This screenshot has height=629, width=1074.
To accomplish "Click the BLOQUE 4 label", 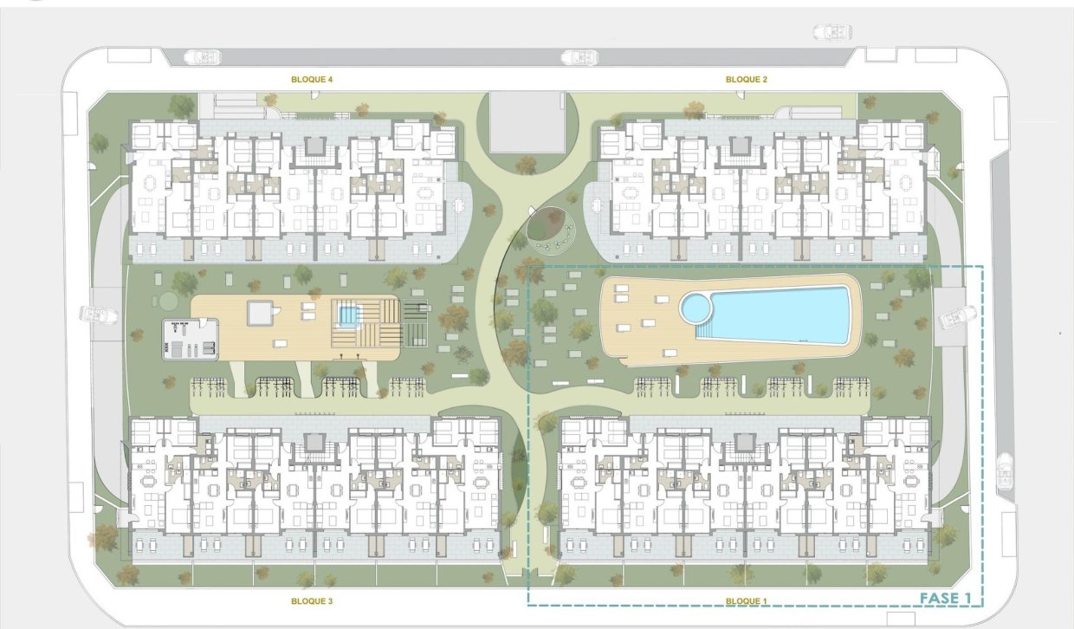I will pos(312,79).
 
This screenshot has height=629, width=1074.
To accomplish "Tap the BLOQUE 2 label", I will pos(746,79).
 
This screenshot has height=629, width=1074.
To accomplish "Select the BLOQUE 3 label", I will pos(312,600).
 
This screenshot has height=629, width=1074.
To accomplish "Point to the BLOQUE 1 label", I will pos(746,600).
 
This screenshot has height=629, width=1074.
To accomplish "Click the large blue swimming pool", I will pos(780,314).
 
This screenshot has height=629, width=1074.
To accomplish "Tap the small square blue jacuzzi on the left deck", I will pos(348,315).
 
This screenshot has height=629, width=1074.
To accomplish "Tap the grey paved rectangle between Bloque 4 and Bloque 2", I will pos(527,122).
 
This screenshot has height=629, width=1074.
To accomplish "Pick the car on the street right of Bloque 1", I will pos(1005,472).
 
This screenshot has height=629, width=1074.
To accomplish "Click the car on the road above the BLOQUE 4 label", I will pos(202,57).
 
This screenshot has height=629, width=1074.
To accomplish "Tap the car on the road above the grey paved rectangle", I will pos(579,58).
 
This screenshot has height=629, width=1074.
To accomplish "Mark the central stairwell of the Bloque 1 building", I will pos(745,444).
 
